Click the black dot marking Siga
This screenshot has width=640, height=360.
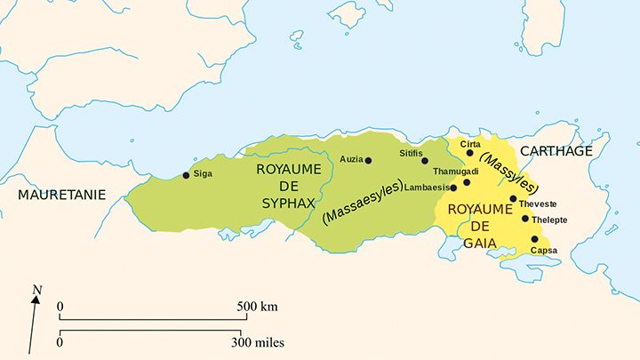click(186, 175)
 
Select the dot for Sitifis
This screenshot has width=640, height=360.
click(425, 161)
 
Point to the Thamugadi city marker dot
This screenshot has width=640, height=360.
click(467, 182)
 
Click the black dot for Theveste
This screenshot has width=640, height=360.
click(513, 199)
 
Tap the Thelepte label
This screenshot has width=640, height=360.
click(549, 219)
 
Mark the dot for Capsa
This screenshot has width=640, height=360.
click(534, 239)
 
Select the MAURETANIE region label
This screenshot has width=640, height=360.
click(62, 194)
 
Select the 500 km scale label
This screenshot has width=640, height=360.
click(258, 307)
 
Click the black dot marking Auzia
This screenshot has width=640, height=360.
click(368, 161)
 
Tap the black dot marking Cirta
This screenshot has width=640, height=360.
click(470, 153)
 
